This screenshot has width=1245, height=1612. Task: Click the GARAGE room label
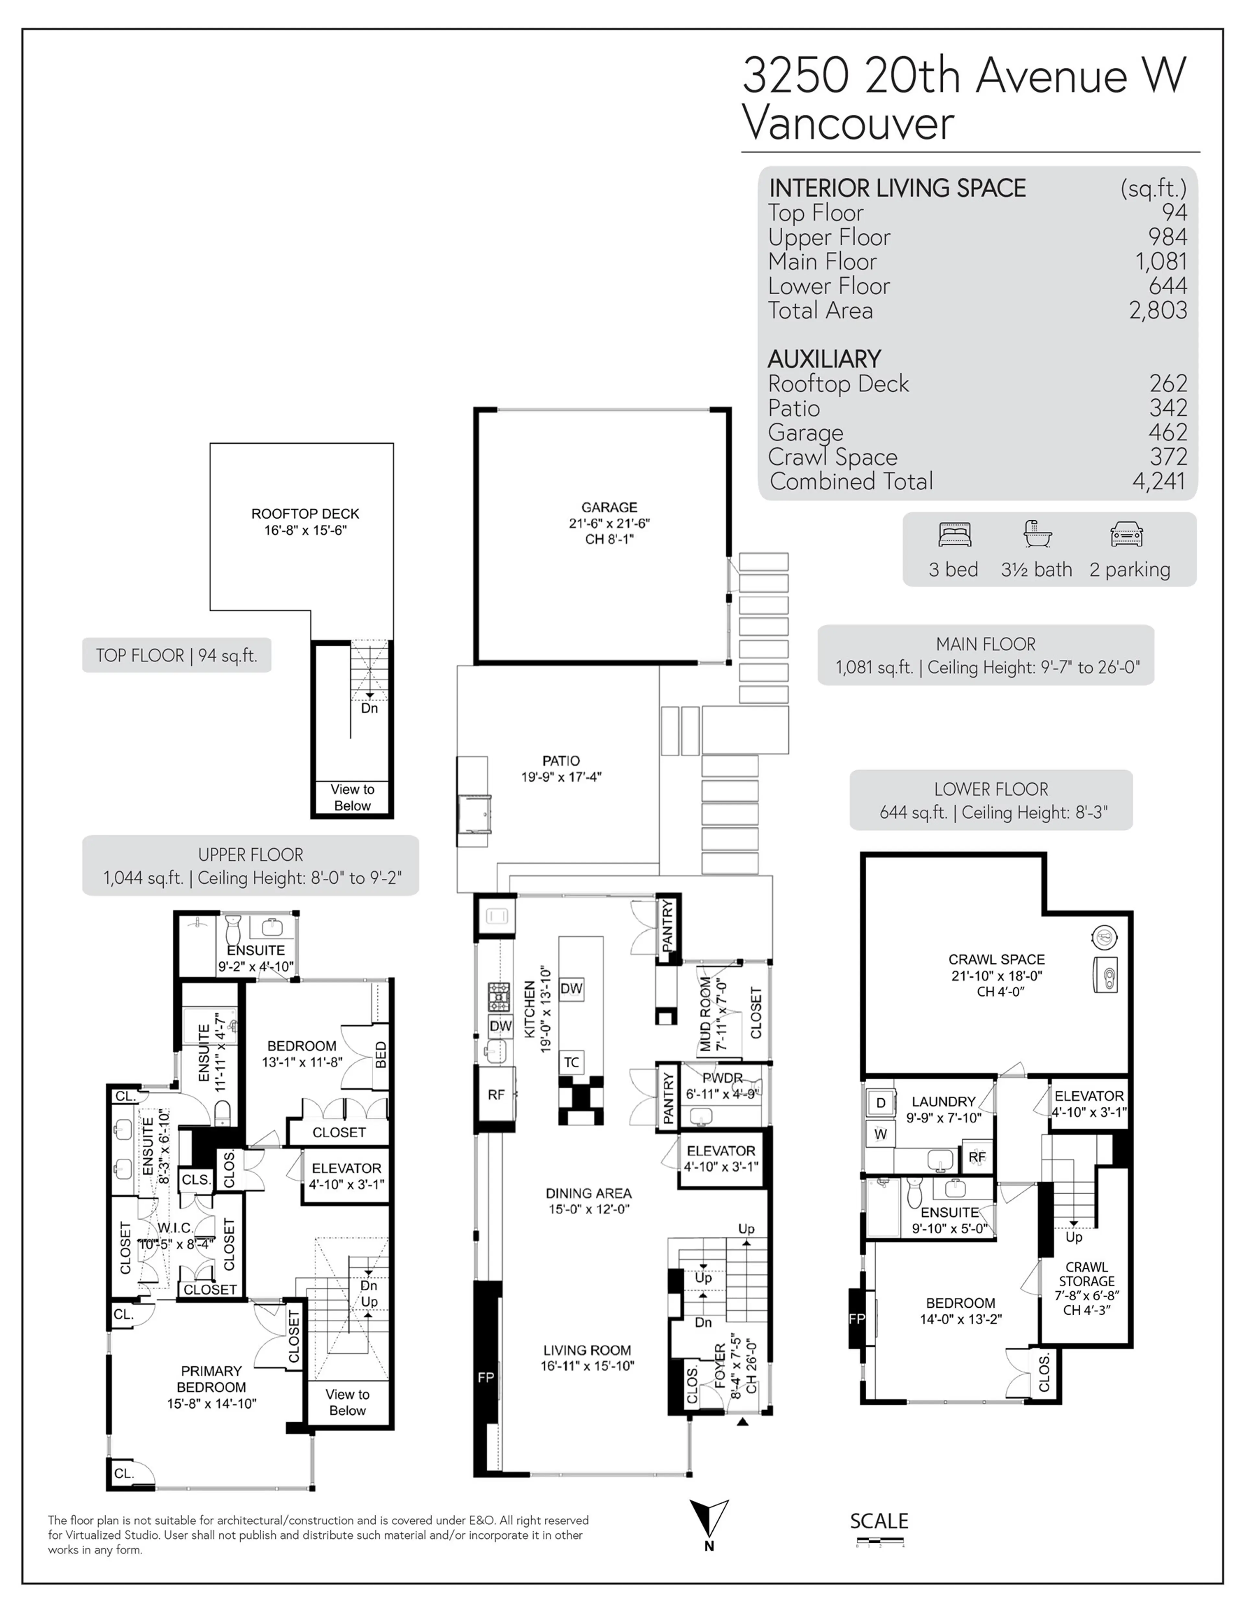coord(609,508)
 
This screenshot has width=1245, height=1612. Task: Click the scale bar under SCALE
coord(880,1541)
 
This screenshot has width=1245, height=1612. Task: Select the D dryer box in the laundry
coord(880,1103)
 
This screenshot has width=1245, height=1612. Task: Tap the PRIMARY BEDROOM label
coord(211,1388)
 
